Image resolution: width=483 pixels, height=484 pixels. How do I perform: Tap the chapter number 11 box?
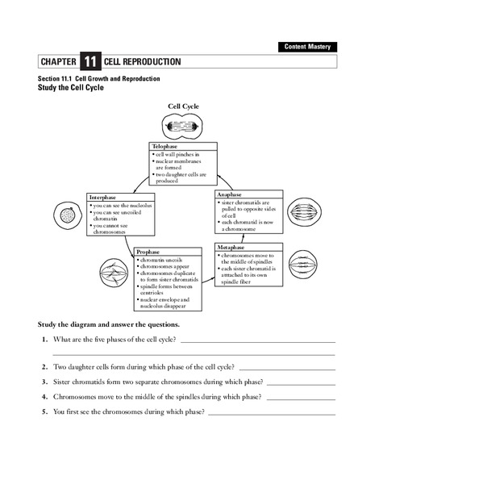pyautogui.click(x=90, y=62)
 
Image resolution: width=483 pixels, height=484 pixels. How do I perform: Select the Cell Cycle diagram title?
pyautogui.click(x=183, y=106)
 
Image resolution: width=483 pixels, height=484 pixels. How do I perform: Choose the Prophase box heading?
pyautogui.click(x=149, y=252)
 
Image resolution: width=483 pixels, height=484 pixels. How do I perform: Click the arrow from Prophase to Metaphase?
pyautogui.click(x=207, y=277)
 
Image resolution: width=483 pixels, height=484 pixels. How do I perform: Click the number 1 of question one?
pyautogui.click(x=44, y=340)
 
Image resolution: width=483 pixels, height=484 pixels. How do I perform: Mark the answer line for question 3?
pyautogui.click(x=300, y=384)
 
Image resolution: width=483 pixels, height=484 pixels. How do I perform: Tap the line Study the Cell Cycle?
pyautogui.click(x=72, y=87)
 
